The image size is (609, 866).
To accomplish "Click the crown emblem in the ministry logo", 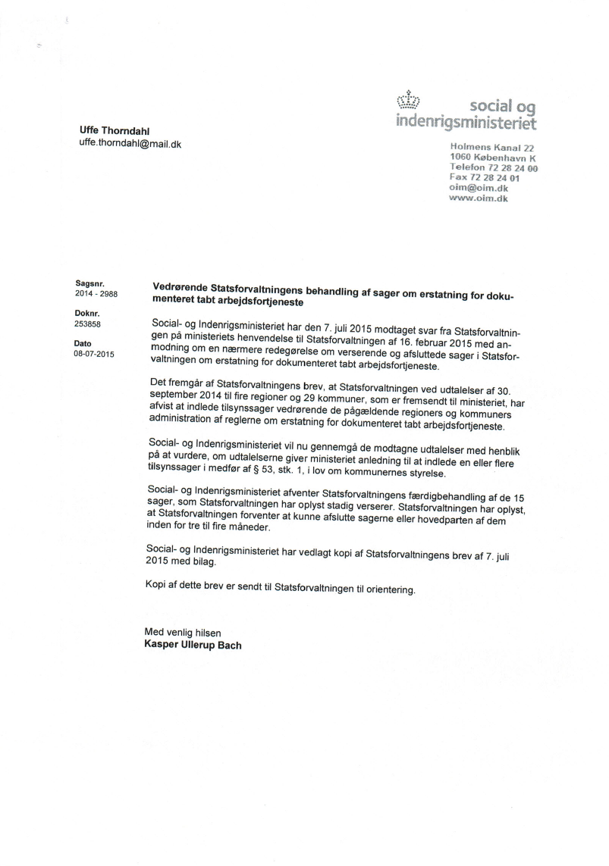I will point(410,102).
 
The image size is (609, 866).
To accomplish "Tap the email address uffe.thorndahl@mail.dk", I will point(130,143).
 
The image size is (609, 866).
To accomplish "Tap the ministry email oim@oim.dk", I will point(479,189).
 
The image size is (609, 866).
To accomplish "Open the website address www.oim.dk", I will point(479,199).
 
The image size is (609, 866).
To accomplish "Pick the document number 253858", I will point(88,324).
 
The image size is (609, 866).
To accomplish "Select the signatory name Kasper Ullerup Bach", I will point(193,646).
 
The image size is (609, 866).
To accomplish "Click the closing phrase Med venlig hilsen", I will point(183,633).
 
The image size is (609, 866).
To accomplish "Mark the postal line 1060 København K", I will point(493,158).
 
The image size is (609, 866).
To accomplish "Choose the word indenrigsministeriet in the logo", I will point(466,121).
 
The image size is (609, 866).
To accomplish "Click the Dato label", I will point(83,342).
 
